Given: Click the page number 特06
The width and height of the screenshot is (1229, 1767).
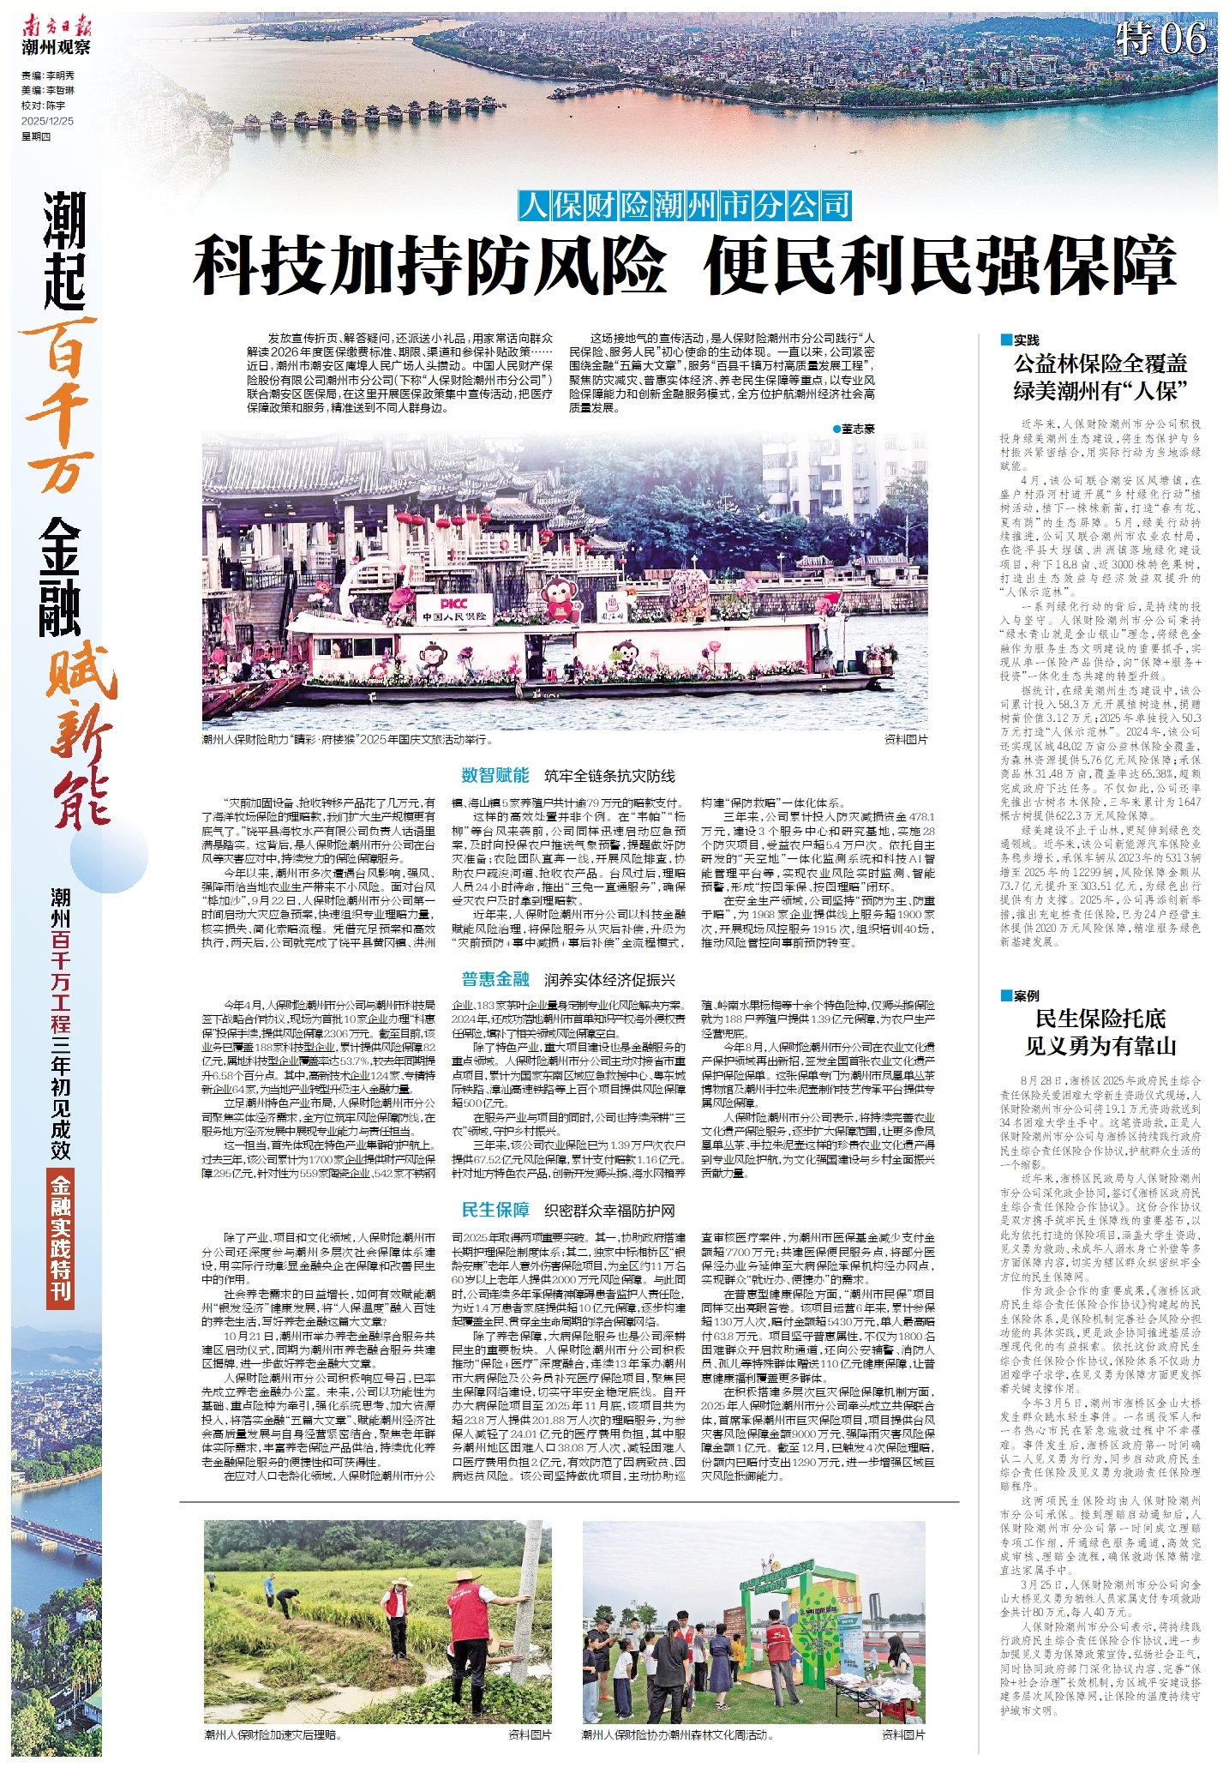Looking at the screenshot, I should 1163,39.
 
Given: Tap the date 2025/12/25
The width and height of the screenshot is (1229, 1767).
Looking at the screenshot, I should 48,121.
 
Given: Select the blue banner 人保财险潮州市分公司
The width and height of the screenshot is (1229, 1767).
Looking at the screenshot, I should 685,206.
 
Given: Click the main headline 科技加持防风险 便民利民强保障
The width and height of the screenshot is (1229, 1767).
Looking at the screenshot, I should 685,267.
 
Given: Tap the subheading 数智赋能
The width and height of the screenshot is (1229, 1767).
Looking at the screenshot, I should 495,775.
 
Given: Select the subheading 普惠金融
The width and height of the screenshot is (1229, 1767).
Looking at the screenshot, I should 495,979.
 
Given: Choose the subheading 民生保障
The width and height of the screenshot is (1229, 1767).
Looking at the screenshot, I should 495,1210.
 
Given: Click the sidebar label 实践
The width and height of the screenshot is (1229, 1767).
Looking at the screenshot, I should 1025,340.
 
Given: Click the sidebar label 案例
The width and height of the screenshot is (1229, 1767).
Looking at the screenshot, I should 1025,995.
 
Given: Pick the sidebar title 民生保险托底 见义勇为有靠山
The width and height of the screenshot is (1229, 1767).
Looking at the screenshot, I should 1100,1032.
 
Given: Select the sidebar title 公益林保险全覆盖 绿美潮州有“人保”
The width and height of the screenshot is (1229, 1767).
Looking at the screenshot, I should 1100,377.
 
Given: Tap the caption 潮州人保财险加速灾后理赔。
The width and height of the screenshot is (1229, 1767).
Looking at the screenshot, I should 273,1734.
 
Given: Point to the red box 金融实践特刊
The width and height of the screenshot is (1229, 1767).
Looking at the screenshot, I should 61,1237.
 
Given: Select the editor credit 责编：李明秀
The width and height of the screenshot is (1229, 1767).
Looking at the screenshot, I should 48,75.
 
